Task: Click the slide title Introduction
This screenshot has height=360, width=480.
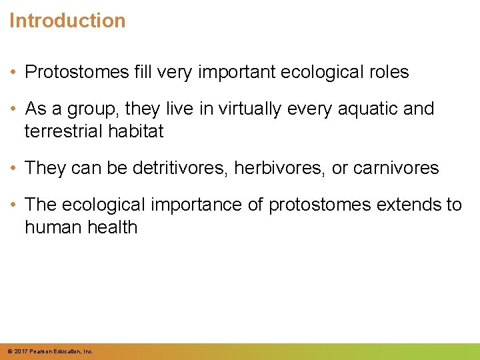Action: [x=67, y=21]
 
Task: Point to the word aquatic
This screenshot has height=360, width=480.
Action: [x=363, y=109]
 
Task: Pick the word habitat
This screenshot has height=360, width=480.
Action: [x=138, y=131]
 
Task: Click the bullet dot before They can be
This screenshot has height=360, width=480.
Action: [x=14, y=169]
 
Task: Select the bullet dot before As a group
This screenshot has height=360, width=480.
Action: [x=14, y=109]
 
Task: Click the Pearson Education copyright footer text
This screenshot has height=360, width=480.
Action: [x=50, y=351]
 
